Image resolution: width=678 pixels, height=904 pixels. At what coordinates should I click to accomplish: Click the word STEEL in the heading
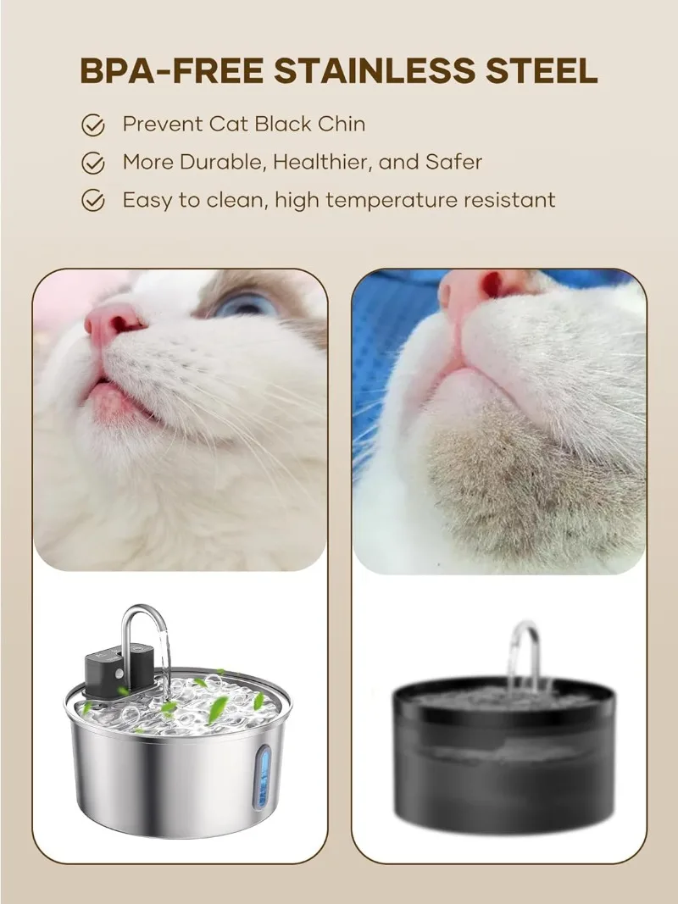point(542,71)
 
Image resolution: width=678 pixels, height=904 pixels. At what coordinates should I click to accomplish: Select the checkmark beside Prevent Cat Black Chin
point(92,125)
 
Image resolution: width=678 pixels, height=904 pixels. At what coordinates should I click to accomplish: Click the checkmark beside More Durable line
point(92,163)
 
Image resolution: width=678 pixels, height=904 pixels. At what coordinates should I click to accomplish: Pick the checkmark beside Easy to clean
point(92,201)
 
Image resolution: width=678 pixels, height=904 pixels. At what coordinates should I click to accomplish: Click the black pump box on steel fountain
point(109,667)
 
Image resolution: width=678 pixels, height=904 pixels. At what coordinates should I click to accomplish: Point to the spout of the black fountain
point(525,648)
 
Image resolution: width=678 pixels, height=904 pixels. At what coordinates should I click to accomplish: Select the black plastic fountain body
point(503,763)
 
